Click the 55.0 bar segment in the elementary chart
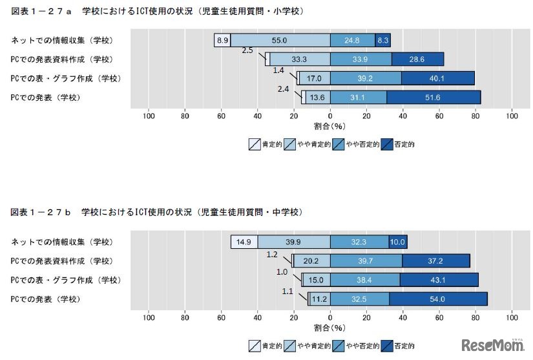(x=280, y=40)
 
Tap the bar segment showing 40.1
(x=438, y=78)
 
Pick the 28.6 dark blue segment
(x=417, y=59)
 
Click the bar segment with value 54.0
(x=438, y=299)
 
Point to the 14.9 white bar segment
(x=244, y=242)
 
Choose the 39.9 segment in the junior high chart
(x=293, y=242)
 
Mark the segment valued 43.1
(x=439, y=280)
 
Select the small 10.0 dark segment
(x=398, y=242)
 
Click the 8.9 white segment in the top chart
(x=222, y=40)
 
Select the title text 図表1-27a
(x=41, y=12)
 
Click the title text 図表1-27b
(x=41, y=212)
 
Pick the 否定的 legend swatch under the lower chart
(x=387, y=346)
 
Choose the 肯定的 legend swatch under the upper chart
(x=255, y=144)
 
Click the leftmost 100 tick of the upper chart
(x=149, y=116)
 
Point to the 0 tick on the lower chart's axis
(x=330, y=318)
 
